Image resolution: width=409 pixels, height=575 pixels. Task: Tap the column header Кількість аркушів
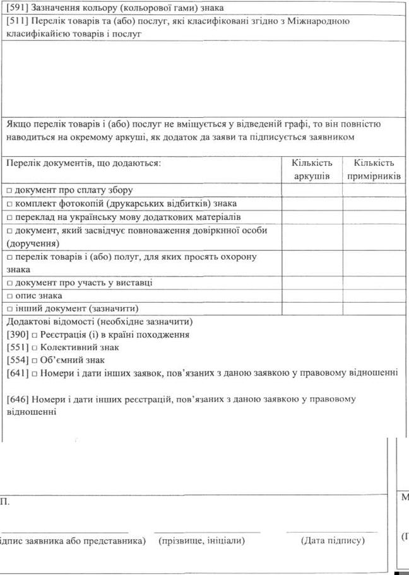pyautogui.click(x=312, y=170)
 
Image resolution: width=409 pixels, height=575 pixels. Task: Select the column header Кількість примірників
pyautogui.click(x=374, y=170)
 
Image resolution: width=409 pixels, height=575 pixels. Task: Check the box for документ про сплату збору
pyautogui.click(x=9, y=190)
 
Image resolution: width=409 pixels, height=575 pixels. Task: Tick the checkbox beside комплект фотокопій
pyautogui.click(x=9, y=204)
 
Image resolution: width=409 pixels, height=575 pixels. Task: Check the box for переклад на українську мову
pyautogui.click(x=9, y=217)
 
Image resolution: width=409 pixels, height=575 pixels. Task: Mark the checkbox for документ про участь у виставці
pyautogui.click(x=9, y=282)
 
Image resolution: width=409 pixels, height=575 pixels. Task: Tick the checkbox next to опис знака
pyautogui.click(x=9, y=296)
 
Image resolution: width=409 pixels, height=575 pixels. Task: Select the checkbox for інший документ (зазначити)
pyautogui.click(x=9, y=309)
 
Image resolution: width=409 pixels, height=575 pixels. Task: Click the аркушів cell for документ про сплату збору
pyautogui.click(x=312, y=190)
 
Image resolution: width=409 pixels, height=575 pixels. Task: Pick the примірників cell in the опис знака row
pyautogui.click(x=374, y=296)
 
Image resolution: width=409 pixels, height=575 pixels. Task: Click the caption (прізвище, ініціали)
pyautogui.click(x=202, y=540)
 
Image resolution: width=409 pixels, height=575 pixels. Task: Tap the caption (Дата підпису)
pyautogui.click(x=333, y=540)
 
